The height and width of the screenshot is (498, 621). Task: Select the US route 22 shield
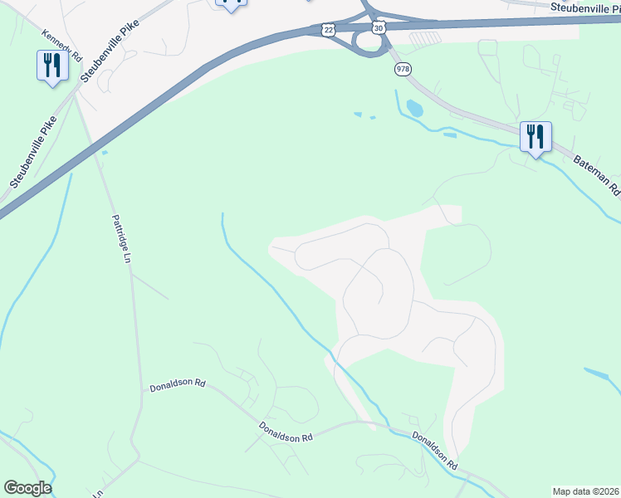click(328, 29)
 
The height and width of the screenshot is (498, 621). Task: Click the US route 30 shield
click(379, 27)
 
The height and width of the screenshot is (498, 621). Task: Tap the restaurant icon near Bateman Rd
click(535, 136)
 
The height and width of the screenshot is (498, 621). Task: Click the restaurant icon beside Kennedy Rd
click(52, 66)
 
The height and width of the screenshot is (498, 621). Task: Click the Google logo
click(27, 488)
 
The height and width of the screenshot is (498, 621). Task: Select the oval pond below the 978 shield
click(413, 108)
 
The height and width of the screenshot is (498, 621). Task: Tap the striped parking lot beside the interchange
click(425, 38)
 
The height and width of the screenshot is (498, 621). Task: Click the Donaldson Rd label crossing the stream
click(435, 451)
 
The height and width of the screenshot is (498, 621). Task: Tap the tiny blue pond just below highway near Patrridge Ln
click(104, 153)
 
